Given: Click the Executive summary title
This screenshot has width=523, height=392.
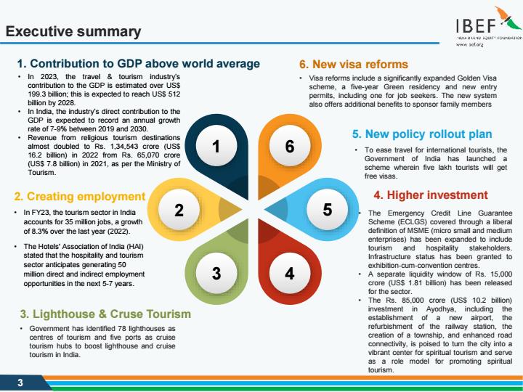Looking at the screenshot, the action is pyautogui.click(x=73, y=31).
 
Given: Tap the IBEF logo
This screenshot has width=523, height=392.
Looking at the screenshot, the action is pyautogui.click(x=489, y=26).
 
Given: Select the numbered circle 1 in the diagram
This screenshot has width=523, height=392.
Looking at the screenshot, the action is pyautogui.click(x=216, y=146).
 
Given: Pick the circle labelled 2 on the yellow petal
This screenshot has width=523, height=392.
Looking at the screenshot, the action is pyautogui.click(x=179, y=210).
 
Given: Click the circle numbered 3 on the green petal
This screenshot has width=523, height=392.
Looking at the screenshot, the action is pyautogui.click(x=216, y=274).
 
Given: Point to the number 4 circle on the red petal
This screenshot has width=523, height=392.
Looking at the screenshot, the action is pyautogui.click(x=290, y=274).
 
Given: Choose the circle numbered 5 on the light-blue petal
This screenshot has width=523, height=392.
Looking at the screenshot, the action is pyautogui.click(x=327, y=209).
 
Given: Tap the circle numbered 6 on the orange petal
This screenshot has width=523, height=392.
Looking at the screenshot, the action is pyautogui.click(x=290, y=146).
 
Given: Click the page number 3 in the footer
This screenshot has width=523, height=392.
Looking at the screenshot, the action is pyautogui.click(x=20, y=383).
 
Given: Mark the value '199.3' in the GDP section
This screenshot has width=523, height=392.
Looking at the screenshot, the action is pyautogui.click(x=37, y=94).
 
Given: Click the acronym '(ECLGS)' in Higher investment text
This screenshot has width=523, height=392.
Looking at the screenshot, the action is pyautogui.click(x=413, y=222).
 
